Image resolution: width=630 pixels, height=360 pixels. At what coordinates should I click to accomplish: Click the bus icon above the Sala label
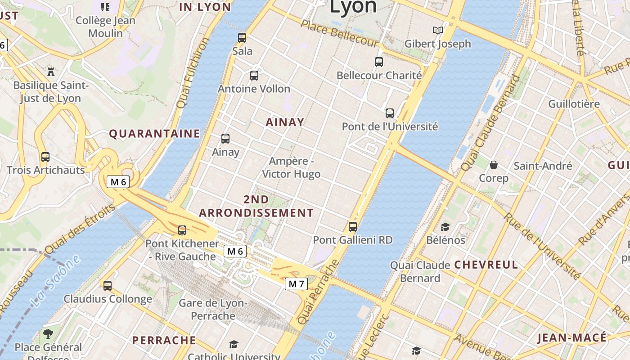pos(242,38)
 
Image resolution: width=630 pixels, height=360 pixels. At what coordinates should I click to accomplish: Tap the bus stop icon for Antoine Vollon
pos(254,76)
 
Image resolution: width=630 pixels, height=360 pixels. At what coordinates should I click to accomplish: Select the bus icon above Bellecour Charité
pos(379,62)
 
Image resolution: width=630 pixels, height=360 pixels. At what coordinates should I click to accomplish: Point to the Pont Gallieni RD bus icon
pos(353,227)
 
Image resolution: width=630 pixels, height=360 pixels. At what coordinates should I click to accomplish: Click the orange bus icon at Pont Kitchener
pos(182,230)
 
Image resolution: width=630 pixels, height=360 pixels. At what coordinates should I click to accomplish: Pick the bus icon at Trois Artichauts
pos(45,157)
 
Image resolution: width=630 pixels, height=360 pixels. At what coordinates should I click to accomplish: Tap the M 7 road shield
pos(297,284)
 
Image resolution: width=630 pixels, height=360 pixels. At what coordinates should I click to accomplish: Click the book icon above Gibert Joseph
pos(437,31)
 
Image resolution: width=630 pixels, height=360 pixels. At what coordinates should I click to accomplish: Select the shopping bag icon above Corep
pos(494,165)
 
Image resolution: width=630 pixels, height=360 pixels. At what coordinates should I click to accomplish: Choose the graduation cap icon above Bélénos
pos(445,227)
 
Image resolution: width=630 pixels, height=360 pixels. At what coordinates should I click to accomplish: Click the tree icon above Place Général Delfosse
pos(48,334)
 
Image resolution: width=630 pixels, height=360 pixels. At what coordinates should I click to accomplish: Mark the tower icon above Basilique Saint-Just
pos(51,72)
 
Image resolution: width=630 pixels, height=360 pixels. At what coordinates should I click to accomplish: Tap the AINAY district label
pos(285,122)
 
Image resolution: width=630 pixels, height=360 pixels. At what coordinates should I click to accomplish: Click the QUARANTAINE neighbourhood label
pos(155,134)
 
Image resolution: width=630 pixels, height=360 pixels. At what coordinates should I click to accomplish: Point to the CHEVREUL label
pos(486,265)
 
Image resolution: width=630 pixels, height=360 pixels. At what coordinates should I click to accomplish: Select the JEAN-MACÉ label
pos(572,338)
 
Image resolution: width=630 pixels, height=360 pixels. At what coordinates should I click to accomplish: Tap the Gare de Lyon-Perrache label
pos(213,310)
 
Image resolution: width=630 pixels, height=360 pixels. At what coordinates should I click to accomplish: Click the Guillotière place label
pos(574,104)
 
